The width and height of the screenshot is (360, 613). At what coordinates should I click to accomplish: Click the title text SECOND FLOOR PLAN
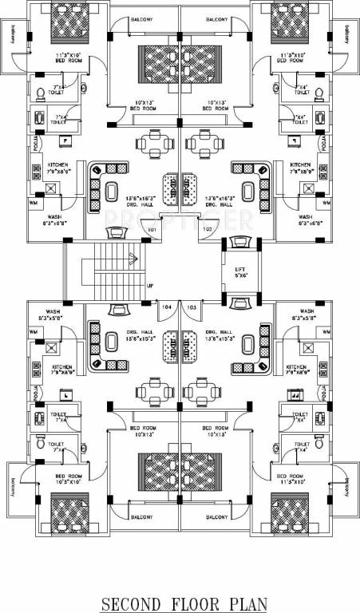(x=180, y=603)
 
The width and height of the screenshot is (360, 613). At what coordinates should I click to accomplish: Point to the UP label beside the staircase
(x=150, y=287)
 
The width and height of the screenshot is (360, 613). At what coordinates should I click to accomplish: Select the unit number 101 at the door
(x=152, y=230)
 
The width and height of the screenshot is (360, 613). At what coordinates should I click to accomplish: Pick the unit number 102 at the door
(x=206, y=230)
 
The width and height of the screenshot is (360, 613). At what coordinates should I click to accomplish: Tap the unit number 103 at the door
(x=192, y=306)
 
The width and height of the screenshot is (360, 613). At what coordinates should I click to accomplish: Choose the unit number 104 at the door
(x=167, y=306)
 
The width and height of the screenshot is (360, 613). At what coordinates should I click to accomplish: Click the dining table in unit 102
(x=203, y=144)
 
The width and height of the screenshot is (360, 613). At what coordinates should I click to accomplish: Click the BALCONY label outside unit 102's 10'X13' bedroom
(x=216, y=18)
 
